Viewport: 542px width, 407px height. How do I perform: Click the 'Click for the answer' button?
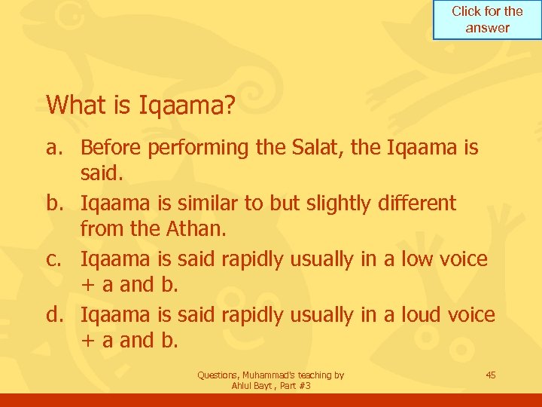487,20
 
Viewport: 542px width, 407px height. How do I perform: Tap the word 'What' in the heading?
74,105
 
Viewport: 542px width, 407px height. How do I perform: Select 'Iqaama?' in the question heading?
187,106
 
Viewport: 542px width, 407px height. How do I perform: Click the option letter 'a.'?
58,148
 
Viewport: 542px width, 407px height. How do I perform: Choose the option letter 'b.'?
59,203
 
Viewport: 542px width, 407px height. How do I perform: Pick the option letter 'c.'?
59,259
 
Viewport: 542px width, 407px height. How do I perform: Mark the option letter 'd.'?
59,315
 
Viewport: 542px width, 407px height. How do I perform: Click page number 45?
490,375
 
